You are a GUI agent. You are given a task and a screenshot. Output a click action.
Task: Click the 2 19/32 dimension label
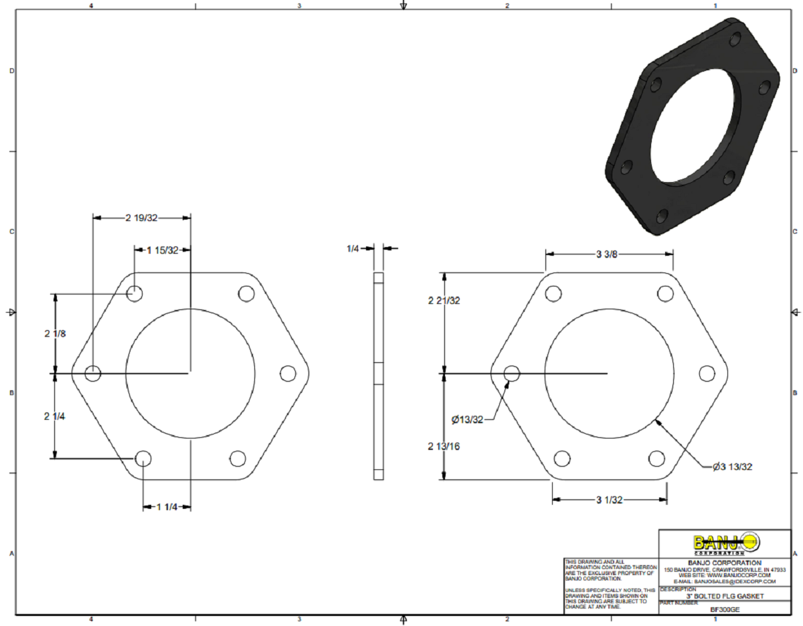[x=141, y=218]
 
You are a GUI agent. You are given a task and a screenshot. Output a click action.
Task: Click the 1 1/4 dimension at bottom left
[x=167, y=507]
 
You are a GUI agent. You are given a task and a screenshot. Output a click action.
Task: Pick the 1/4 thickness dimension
[x=353, y=248]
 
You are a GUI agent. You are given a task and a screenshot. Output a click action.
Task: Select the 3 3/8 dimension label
[x=608, y=254]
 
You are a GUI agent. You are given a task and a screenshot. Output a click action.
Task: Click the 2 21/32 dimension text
[x=444, y=301]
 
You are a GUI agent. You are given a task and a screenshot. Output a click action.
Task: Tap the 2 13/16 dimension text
[x=444, y=446]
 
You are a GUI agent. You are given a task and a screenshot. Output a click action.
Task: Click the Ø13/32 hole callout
[x=467, y=420]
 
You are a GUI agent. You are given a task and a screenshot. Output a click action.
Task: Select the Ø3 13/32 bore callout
[x=732, y=467]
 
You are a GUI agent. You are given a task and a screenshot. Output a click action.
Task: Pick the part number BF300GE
[x=725, y=609]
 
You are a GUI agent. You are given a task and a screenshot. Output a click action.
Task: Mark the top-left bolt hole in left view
[x=135, y=293]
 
